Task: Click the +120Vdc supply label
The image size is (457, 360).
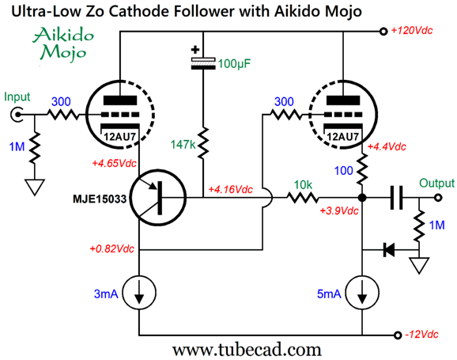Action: [411, 30]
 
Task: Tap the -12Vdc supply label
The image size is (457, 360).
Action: [421, 335]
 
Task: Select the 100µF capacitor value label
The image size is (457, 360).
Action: [234, 63]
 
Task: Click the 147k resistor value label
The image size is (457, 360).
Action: [183, 144]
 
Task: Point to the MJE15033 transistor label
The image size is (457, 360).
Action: [100, 199]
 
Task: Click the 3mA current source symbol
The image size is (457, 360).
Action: [139, 292]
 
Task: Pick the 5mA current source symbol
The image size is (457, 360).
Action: [362, 292]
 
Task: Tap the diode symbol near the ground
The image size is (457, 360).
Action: [389, 250]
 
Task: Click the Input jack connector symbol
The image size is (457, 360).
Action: [17, 115]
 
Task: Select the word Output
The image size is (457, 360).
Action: [436, 184]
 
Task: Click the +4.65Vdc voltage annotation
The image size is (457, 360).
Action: [114, 163]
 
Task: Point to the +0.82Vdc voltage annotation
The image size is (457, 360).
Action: [112, 249]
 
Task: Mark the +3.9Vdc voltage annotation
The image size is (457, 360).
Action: [339, 210]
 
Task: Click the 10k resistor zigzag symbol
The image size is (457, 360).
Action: [303, 198]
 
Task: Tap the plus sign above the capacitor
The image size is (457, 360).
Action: [195, 50]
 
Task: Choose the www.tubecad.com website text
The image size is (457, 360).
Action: [247, 350]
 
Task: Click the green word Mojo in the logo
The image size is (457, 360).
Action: [63, 53]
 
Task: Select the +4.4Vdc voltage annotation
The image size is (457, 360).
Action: [387, 146]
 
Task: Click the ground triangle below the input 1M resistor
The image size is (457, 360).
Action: [35, 187]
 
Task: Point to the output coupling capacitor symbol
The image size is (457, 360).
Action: [396, 198]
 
